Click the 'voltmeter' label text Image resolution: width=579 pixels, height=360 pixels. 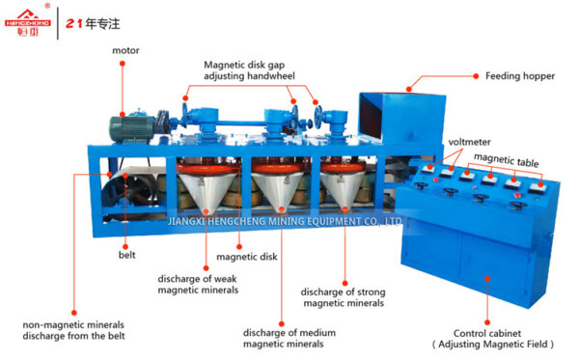point(468,143)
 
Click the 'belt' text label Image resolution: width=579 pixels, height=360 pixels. point(126,257)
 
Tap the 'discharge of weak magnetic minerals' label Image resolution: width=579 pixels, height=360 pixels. point(197,285)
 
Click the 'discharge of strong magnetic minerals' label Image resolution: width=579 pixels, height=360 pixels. point(343,297)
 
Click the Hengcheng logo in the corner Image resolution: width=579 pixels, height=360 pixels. point(26,19)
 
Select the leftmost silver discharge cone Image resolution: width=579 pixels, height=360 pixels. point(207,188)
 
